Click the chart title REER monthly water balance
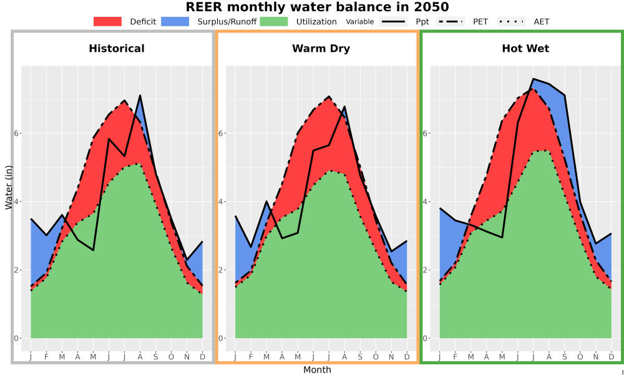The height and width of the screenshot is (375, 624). (x=317, y=7)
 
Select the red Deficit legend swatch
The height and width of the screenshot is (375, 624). (x=107, y=21)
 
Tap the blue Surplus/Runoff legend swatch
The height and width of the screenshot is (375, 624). (x=175, y=21)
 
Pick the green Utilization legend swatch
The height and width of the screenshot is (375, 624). (x=274, y=21)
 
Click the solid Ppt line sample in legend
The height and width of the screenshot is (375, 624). (x=392, y=21)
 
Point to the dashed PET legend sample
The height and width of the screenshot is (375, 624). (x=451, y=21)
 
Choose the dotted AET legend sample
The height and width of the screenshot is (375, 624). (x=511, y=21)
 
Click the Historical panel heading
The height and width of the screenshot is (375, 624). (x=117, y=49)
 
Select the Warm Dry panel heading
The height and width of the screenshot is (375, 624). (x=321, y=49)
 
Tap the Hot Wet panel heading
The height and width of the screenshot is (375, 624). (x=525, y=49)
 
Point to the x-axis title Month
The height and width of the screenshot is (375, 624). (x=317, y=370)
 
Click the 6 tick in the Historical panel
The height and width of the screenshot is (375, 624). (x=17, y=133)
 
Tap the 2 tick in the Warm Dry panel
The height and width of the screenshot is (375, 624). (x=221, y=270)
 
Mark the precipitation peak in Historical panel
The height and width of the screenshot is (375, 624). (x=140, y=95)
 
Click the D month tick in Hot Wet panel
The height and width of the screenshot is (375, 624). (x=612, y=357)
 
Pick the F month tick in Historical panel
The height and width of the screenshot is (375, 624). (x=47, y=357)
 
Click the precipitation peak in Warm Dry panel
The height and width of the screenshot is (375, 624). (x=344, y=106)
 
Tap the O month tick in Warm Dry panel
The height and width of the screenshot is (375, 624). (x=376, y=357)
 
